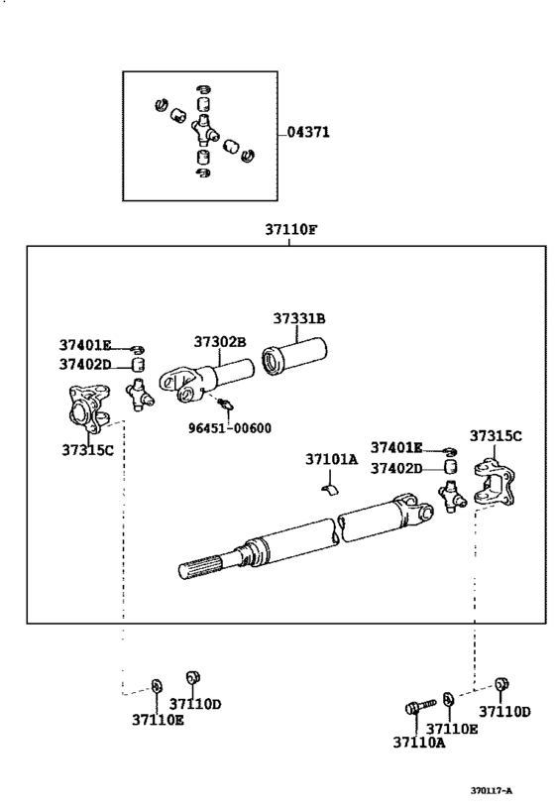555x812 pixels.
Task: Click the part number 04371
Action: tap(308, 132)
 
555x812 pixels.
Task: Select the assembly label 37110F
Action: tap(290, 229)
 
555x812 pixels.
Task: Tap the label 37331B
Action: tap(299, 318)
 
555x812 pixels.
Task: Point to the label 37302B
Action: tap(220, 342)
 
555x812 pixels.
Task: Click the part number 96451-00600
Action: tap(229, 428)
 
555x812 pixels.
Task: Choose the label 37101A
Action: tap(331, 459)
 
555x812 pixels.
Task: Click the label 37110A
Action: tap(419, 743)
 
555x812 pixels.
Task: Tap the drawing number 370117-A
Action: tap(491, 791)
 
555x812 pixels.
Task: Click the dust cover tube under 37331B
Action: tap(294, 356)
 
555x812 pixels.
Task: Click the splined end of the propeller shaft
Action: tap(199, 568)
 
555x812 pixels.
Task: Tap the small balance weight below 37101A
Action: tap(329, 490)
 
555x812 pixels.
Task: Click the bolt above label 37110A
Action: tap(420, 706)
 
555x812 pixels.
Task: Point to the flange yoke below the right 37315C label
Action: tap(495, 482)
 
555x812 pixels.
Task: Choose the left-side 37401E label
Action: tap(85, 345)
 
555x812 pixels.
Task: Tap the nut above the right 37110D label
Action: tap(501, 684)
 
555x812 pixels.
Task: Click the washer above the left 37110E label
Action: tap(156, 686)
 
